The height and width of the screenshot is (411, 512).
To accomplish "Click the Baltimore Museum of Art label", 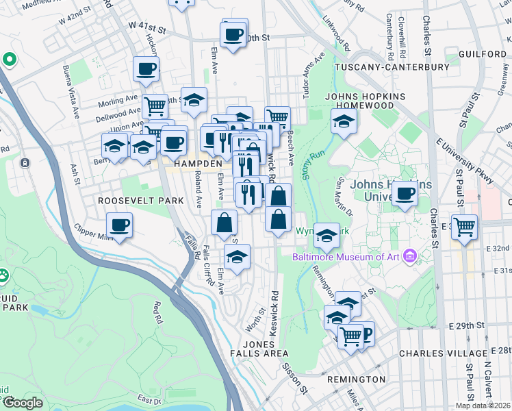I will [x=346, y=257].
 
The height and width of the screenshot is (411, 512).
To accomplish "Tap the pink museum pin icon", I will [x=410, y=257].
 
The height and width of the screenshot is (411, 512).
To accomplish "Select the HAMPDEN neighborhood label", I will [x=198, y=164].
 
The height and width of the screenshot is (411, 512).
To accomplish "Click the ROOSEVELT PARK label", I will [x=141, y=201].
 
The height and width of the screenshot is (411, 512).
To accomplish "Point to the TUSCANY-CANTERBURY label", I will [x=392, y=67].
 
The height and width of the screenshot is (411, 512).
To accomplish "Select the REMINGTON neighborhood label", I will [x=357, y=379].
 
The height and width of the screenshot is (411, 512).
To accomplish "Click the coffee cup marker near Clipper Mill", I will [x=120, y=225].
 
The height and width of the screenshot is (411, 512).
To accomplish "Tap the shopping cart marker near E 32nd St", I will [x=465, y=225].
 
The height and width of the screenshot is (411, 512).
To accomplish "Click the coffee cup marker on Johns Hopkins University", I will [x=405, y=194].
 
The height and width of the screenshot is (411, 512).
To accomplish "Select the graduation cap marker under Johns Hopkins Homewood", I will [x=344, y=122].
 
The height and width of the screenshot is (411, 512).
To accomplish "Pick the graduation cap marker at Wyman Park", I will [x=327, y=235].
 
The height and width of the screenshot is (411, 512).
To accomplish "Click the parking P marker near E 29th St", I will [x=364, y=334].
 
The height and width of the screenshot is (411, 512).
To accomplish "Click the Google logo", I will [x=23, y=403].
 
